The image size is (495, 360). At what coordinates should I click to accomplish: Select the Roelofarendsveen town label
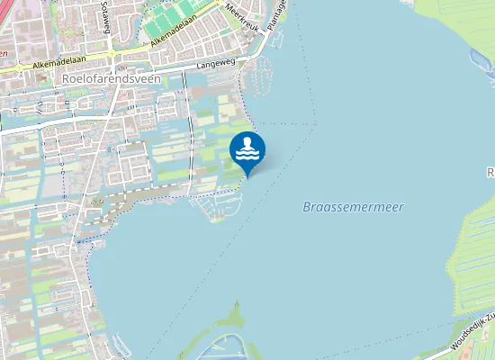pos(112,79)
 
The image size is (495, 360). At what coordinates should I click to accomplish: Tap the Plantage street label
pos(280,14)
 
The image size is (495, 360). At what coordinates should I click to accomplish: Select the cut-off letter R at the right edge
pos(490,172)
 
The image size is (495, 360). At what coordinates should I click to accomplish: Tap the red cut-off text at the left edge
pos(4,53)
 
